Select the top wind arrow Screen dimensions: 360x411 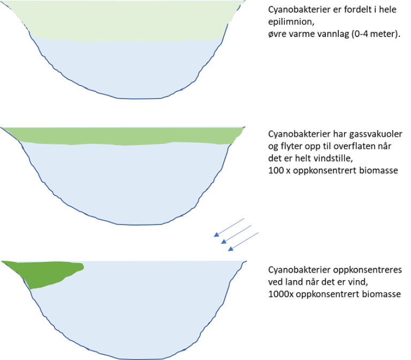[229, 227]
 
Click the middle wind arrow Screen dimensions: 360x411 [236, 234]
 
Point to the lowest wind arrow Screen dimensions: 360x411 [243, 241]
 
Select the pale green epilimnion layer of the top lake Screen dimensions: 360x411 [123, 21]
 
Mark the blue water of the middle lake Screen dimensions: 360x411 [128, 182]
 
